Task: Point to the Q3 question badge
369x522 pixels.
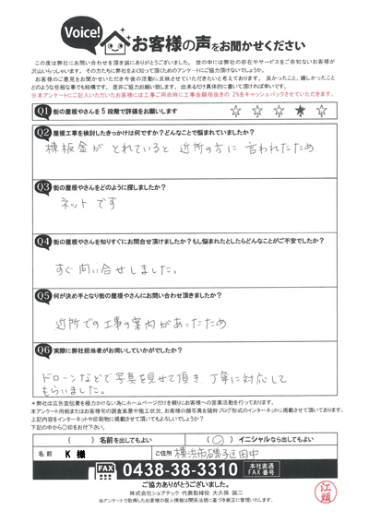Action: click(42, 185)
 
